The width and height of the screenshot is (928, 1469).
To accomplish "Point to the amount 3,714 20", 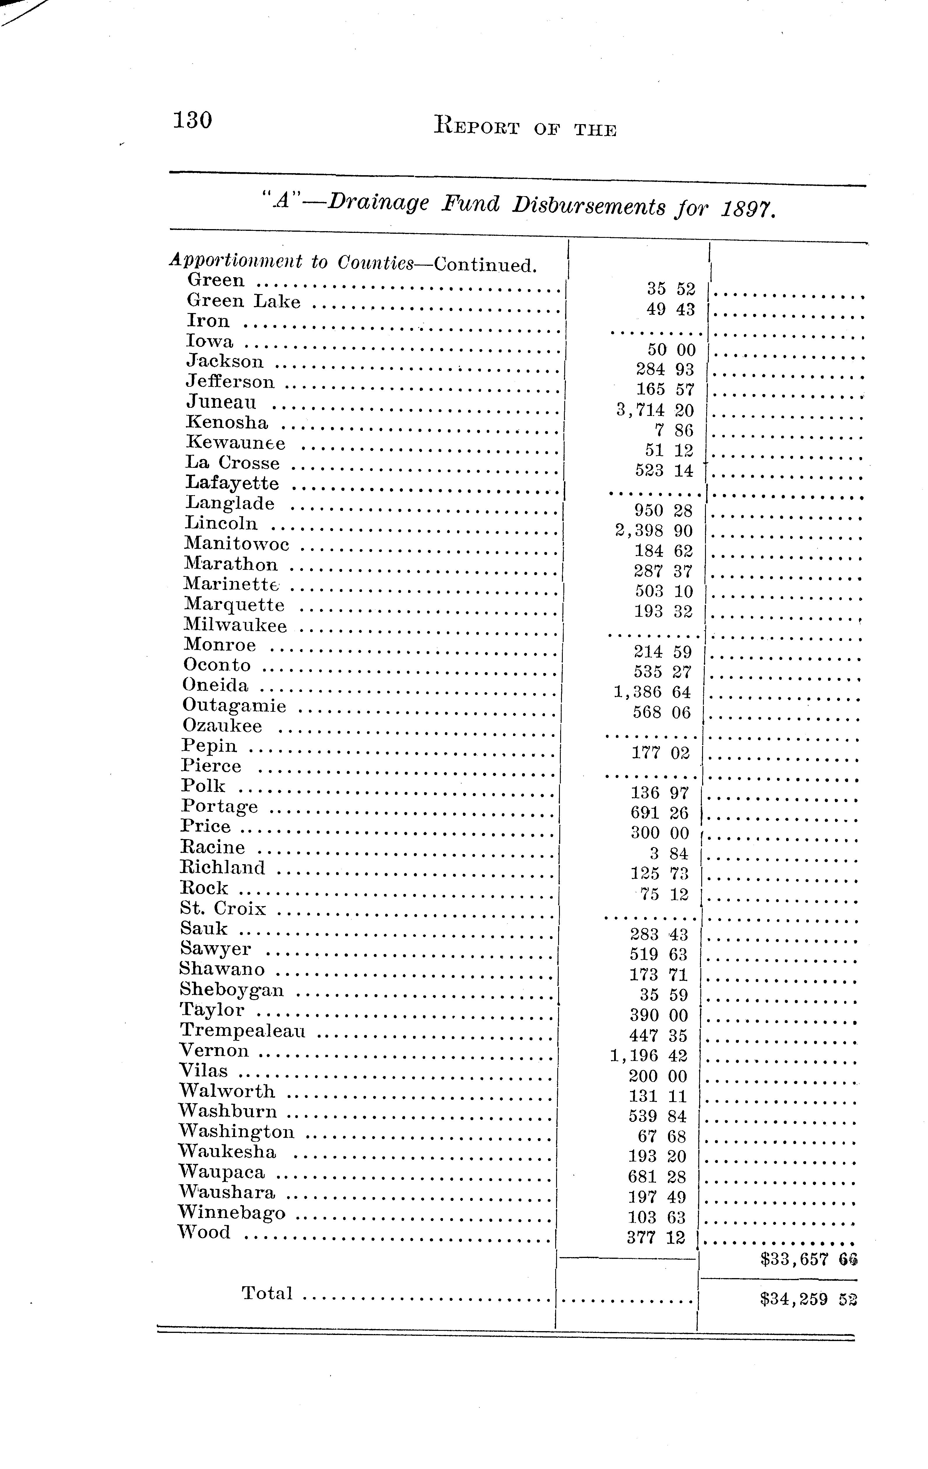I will [x=655, y=410].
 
